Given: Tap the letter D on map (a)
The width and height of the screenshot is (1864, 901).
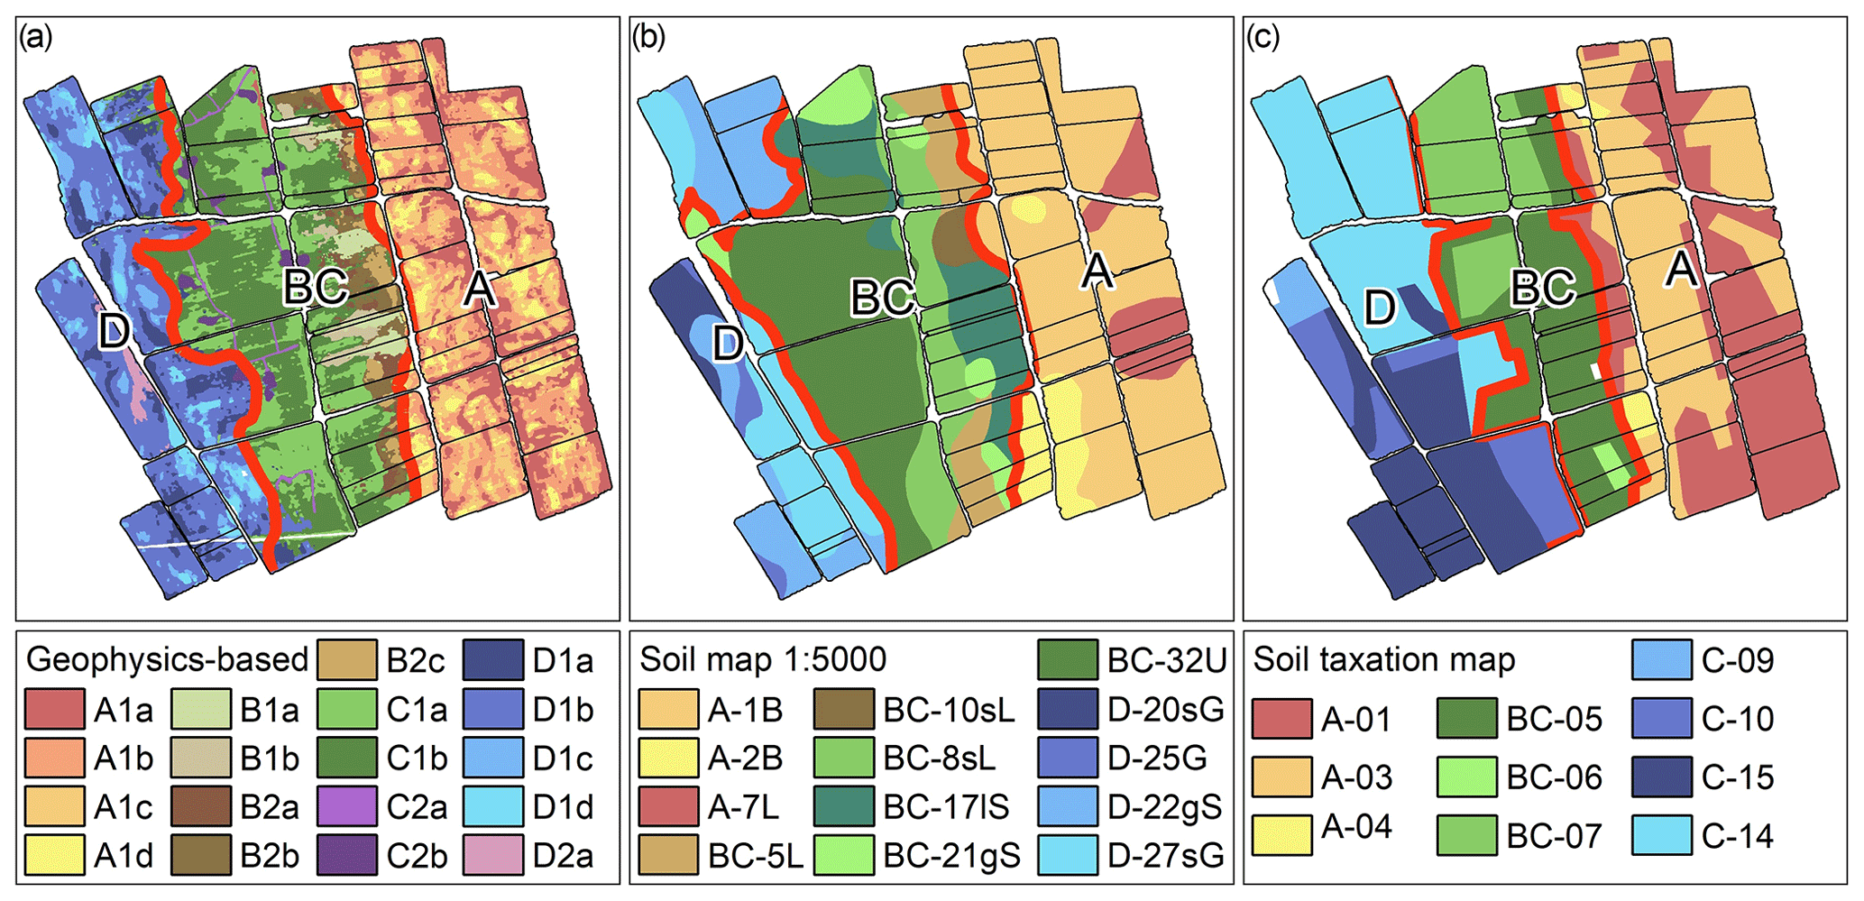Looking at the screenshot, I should (x=114, y=331).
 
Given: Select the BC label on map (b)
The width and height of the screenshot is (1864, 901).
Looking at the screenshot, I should (x=883, y=297).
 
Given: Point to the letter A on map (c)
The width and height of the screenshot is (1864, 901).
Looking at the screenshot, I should (x=1680, y=269).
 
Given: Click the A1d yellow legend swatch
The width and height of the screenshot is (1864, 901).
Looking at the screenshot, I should (x=54, y=855).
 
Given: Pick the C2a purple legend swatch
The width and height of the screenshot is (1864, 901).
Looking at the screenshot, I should (x=347, y=806).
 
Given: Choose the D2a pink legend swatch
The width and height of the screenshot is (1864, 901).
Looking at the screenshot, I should (x=493, y=855).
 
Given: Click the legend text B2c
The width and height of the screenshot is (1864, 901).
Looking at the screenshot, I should (x=416, y=661).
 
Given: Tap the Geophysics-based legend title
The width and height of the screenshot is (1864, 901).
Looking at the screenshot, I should (x=168, y=659).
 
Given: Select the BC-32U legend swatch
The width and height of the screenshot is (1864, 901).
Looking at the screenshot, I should (x=1067, y=660).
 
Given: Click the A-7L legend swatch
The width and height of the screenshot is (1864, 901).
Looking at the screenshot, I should (x=668, y=806).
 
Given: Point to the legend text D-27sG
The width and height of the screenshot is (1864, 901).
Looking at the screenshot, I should (x=1165, y=855).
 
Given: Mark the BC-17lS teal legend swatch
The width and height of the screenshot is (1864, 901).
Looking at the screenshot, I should (x=843, y=806).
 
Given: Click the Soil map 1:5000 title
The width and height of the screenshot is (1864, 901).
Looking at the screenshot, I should (x=763, y=659).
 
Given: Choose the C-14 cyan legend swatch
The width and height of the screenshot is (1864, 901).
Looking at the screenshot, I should (x=1661, y=835).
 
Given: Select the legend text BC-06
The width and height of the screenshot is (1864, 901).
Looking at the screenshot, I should (x=1554, y=777).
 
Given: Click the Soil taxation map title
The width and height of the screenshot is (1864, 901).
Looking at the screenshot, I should (x=1383, y=659).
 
